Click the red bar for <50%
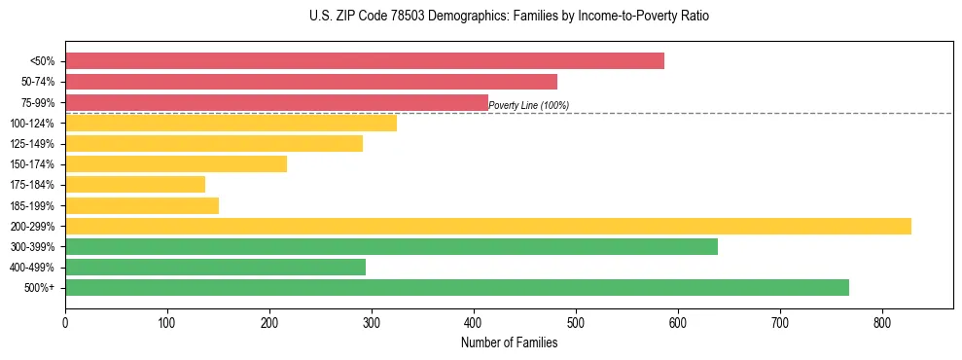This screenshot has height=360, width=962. [365, 61]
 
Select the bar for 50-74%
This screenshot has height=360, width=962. [311, 82]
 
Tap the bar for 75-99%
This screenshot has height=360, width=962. [276, 102]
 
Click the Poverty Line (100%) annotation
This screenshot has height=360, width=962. [528, 105]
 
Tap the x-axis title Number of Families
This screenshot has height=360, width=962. [509, 342]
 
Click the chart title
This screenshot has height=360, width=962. [509, 17]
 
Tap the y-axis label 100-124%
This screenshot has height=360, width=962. [32, 124]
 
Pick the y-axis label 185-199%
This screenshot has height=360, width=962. [32, 205]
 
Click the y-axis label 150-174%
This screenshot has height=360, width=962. [32, 164]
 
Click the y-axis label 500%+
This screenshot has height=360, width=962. [40, 288]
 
